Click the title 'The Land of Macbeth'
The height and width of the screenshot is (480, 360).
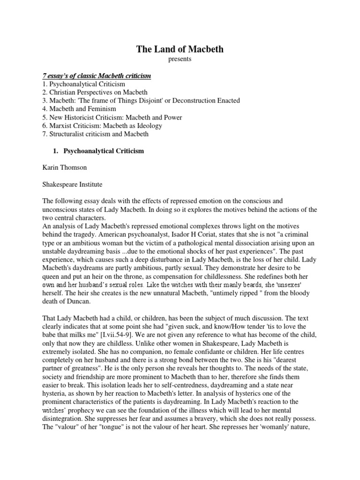(180, 50)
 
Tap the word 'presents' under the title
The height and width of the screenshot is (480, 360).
(180, 60)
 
